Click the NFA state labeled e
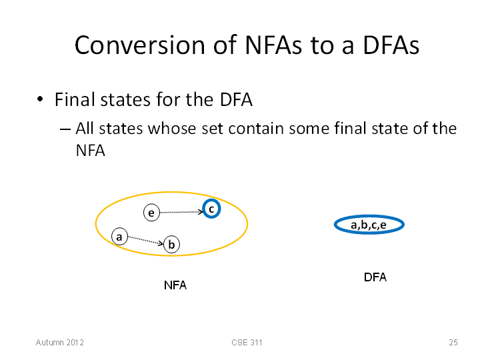coord(151,213)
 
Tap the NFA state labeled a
coord(119,237)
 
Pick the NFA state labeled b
coord(171,244)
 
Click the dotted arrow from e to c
coord(181,212)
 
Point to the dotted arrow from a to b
coord(146,240)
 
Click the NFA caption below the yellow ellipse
coord(175,285)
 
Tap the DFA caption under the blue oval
coord(375,277)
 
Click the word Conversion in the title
coord(140,45)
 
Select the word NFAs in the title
coord(273,45)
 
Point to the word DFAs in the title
coord(391,45)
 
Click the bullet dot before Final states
coord(40,99)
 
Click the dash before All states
coord(65,129)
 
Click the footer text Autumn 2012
coord(60,342)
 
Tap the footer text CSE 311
coord(247,342)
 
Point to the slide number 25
coord(453,342)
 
